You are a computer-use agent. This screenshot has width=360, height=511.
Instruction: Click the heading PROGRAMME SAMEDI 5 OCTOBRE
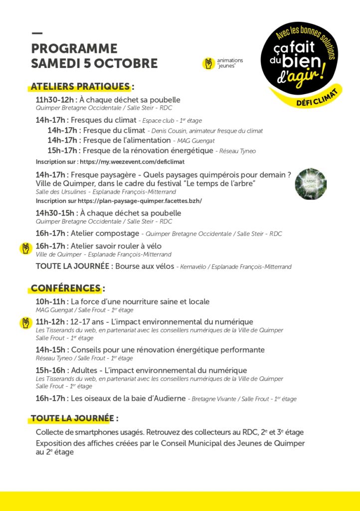(x=94, y=56)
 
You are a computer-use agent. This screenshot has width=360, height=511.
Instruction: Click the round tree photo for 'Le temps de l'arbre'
(x=311, y=184)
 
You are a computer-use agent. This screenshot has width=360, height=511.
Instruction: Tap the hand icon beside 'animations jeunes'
(x=208, y=63)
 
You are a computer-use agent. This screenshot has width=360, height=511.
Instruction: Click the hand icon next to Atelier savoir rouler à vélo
(x=25, y=248)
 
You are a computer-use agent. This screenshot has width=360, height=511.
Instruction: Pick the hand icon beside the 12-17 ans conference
(x=25, y=323)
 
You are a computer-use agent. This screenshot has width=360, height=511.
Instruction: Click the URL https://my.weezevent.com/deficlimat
(x=132, y=162)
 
